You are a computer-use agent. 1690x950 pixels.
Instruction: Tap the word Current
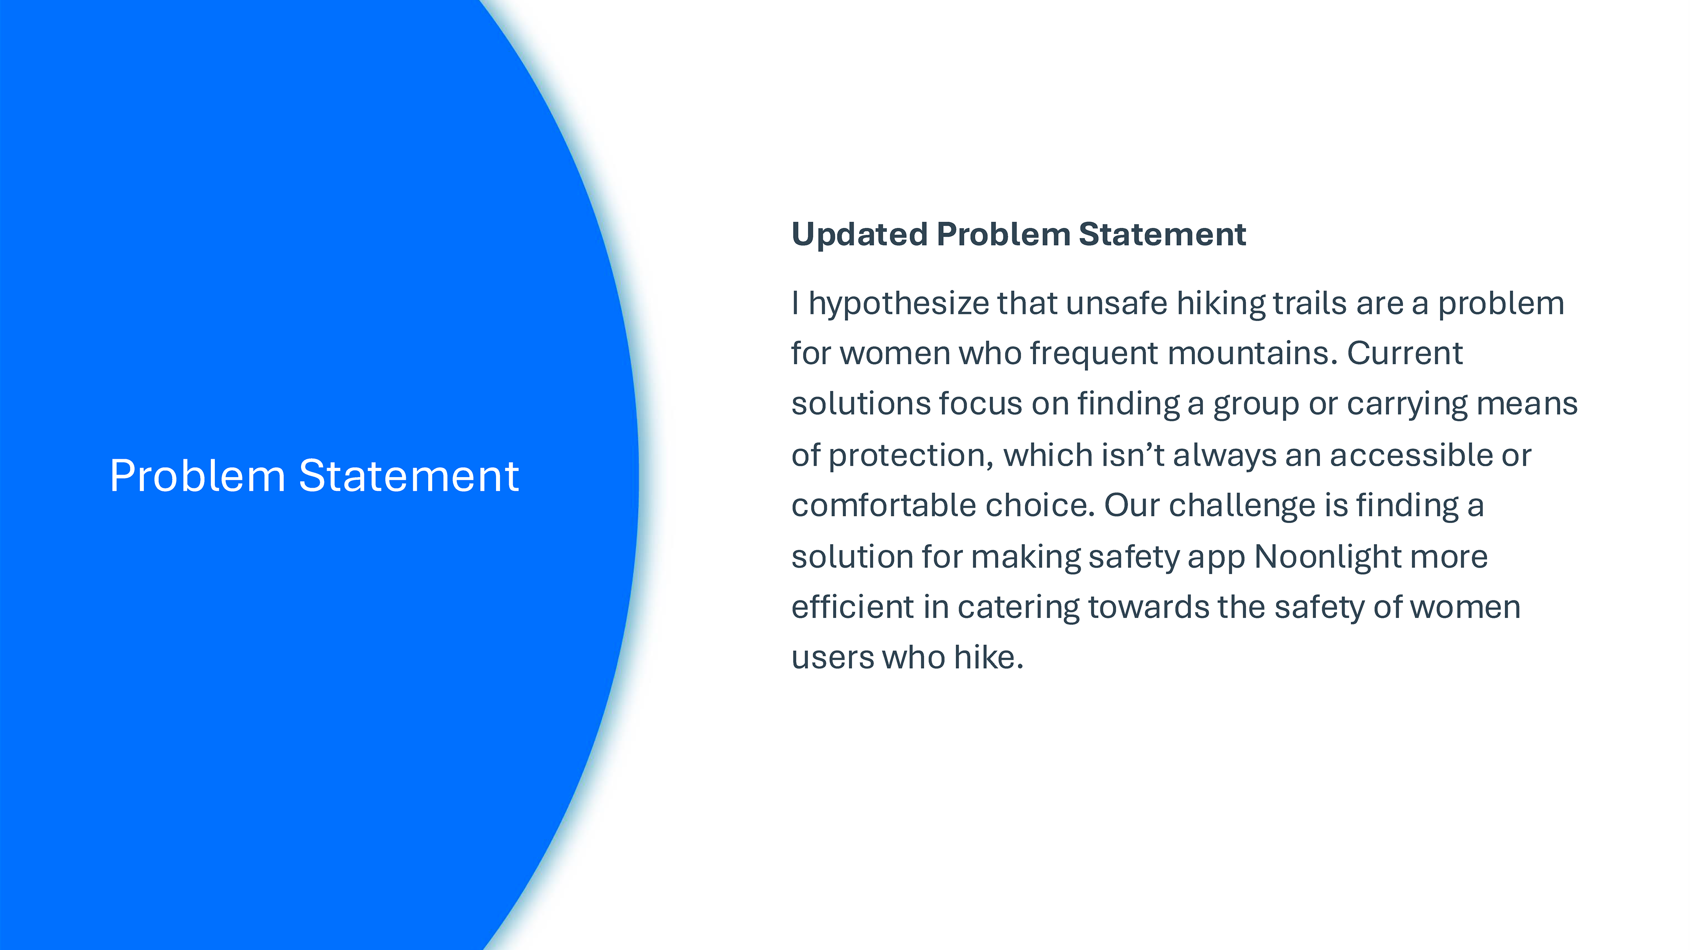[x=1405, y=354]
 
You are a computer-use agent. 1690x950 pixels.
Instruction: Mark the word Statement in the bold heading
[x=1162, y=235]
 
